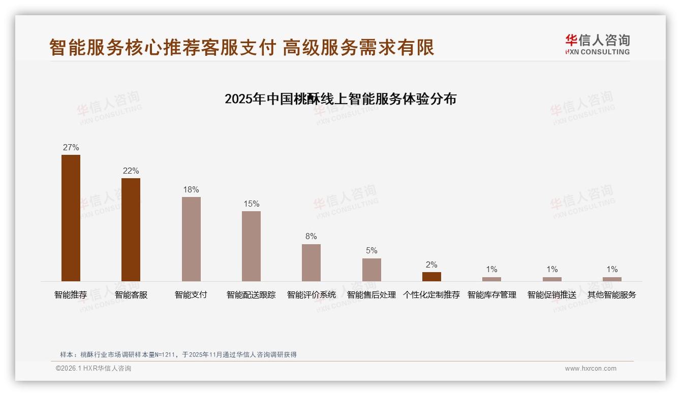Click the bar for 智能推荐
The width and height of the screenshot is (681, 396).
71,218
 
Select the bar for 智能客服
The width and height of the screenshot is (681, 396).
131,229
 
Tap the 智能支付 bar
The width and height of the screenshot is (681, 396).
191,239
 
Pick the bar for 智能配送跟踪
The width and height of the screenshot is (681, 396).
251,246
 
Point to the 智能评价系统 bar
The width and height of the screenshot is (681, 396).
311,262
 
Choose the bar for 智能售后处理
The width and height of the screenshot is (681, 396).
372,270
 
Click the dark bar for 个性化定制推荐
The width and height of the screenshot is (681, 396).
431,277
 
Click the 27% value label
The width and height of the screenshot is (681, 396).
71,147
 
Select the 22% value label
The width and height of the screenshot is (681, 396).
131,171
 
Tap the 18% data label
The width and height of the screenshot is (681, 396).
191,189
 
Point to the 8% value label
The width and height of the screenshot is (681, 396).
311,236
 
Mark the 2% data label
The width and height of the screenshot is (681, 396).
431,265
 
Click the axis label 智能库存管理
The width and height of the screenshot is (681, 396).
491,294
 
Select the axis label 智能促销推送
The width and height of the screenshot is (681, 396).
552,294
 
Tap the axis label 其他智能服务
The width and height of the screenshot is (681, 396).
612,294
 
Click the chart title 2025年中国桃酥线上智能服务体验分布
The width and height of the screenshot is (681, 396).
340,98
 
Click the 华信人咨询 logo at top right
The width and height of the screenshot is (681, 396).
597,44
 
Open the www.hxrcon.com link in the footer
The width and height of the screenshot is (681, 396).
591,369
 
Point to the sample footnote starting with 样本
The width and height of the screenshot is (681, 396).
178,354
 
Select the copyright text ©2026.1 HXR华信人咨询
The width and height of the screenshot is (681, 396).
94,369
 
